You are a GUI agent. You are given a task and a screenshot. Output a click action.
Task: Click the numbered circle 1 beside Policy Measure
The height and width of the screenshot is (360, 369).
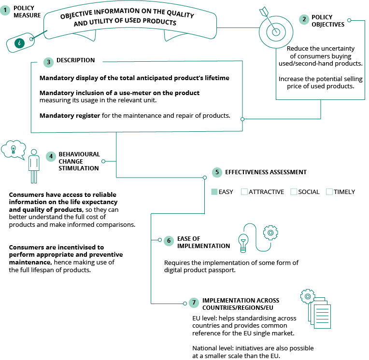pos(5,10)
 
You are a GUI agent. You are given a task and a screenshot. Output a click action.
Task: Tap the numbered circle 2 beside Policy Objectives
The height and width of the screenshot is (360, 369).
pos(304,19)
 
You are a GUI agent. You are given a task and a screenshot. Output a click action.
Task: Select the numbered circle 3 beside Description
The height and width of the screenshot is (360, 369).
pos(48,62)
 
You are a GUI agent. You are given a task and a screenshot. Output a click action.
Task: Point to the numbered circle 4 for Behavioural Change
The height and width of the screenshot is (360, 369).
pos(51,156)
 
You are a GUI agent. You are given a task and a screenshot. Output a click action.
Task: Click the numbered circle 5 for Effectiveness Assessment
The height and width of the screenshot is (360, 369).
pos(217,172)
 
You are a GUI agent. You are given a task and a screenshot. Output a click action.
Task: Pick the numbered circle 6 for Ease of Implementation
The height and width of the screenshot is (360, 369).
pos(169,241)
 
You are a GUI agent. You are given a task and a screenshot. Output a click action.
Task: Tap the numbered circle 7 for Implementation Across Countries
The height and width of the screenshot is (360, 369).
pos(194,303)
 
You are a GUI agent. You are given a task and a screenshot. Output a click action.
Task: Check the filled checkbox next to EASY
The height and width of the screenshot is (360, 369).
pos(214,192)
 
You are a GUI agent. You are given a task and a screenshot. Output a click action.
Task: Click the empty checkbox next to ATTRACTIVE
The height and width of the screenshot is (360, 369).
pos(244,192)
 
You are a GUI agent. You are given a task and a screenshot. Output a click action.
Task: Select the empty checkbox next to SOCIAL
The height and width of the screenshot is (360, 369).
pos(294,192)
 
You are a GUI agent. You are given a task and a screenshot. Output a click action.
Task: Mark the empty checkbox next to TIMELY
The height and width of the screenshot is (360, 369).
pos(329,192)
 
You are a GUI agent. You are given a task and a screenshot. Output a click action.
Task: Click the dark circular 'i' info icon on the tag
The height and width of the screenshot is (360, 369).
pos(19,43)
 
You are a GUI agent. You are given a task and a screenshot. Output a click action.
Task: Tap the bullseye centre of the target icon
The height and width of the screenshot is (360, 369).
pos(276,32)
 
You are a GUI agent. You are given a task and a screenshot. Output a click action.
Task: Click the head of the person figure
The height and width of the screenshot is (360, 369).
pos(34,152)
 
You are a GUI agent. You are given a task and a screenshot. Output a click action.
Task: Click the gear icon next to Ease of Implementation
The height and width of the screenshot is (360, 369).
pos(270,233)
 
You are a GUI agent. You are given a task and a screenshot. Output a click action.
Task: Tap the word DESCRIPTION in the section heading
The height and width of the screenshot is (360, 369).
pos(75,60)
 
